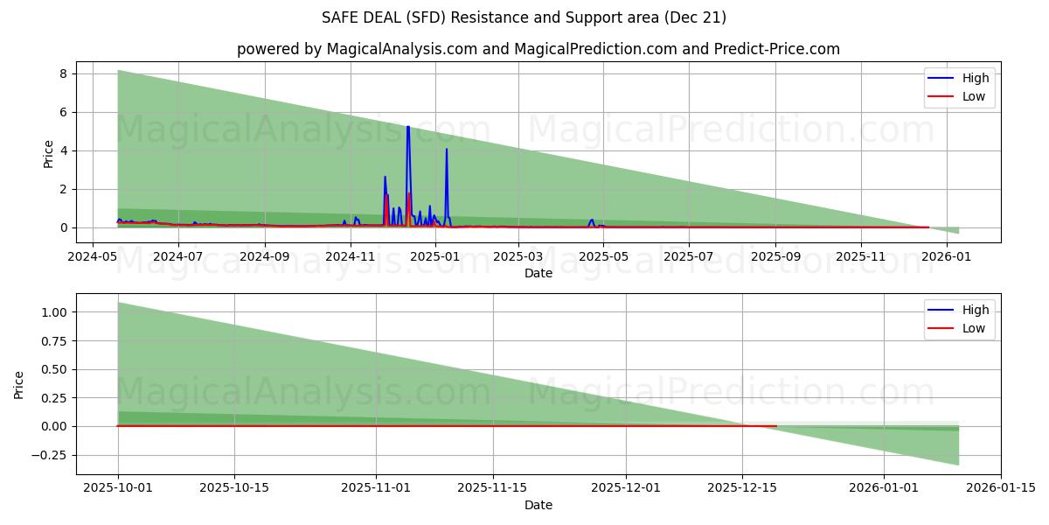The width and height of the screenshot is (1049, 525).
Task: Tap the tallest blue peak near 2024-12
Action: pyautogui.click(x=407, y=128)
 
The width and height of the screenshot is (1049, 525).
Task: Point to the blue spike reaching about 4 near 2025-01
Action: pyautogui.click(x=447, y=150)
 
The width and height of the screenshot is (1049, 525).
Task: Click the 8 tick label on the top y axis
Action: pyautogui.click(x=63, y=73)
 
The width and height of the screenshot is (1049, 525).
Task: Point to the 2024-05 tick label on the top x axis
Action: pyautogui.click(x=92, y=257)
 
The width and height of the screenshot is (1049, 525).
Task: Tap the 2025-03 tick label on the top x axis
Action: pyautogui.click(x=518, y=257)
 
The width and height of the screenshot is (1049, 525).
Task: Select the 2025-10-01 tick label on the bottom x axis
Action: pyautogui.click(x=118, y=488)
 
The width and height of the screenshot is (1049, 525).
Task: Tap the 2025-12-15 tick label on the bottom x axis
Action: pyautogui.click(x=742, y=488)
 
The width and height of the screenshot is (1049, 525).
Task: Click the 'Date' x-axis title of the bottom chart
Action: pyautogui.click(x=538, y=505)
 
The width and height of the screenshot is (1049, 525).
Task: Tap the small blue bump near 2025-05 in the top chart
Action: pyautogui.click(x=592, y=220)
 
